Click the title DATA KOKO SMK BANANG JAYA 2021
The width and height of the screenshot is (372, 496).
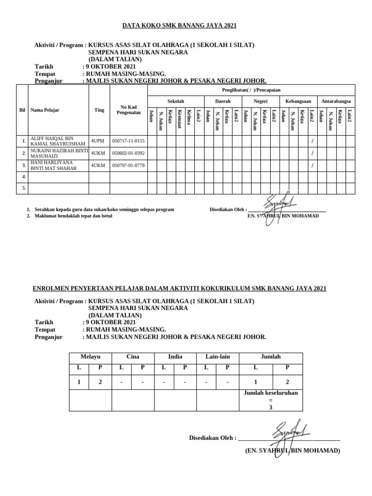point(179,26)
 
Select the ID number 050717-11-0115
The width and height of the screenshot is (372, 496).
point(128,141)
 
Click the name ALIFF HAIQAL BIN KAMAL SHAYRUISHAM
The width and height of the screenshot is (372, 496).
point(58,141)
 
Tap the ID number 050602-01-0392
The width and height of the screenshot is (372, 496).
point(128,153)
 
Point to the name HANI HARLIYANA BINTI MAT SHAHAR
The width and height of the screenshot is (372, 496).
point(54,165)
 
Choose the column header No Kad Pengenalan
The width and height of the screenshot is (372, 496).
point(128,110)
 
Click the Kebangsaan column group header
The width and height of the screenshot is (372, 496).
point(298,101)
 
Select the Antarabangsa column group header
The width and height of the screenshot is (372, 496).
point(336,101)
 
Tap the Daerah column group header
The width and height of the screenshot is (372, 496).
point(223,101)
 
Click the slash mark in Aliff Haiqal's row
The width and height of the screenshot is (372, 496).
point(312,141)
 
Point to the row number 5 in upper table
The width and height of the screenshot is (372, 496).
point(24,188)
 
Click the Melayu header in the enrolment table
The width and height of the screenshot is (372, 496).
point(90,356)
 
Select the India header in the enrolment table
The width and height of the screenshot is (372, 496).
point(175,356)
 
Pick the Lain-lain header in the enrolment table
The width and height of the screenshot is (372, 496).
point(217,356)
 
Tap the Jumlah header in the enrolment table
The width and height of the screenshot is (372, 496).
point(271,356)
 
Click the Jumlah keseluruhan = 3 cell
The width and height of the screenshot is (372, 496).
point(271,400)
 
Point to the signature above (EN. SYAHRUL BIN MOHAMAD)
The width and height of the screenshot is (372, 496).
point(289,431)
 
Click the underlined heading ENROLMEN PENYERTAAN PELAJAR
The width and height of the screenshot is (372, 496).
point(179,289)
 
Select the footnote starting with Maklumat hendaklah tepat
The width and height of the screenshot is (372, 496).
point(73,216)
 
